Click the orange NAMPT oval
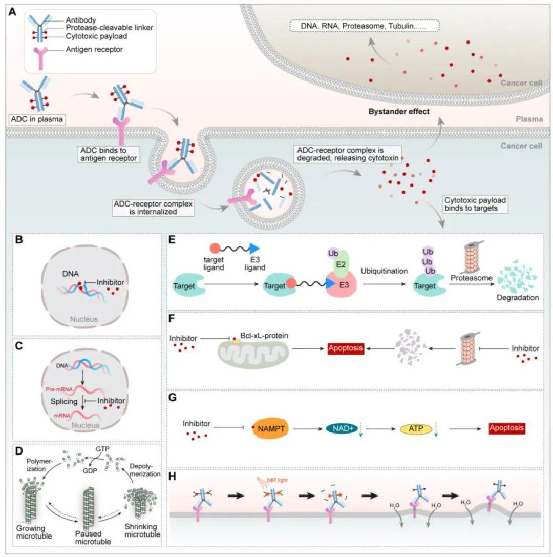tap(271, 428)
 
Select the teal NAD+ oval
tap(342, 428)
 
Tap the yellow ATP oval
tap(416, 429)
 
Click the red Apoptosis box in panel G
tap(506, 428)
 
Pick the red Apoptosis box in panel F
tap(345, 348)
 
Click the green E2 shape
tap(341, 264)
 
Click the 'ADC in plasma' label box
tap(37, 119)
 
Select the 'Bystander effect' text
tap(398, 112)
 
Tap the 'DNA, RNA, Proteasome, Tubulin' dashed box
tap(365, 26)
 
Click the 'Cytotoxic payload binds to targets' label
tap(475, 204)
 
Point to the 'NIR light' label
tap(277, 480)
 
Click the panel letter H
tap(172, 476)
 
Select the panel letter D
tap(19, 451)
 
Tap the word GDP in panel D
tap(90, 471)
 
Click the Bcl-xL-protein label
tap(264, 336)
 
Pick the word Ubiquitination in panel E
tap(384, 271)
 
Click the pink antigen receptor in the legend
tap(41, 57)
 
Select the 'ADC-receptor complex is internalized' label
tap(153, 208)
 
